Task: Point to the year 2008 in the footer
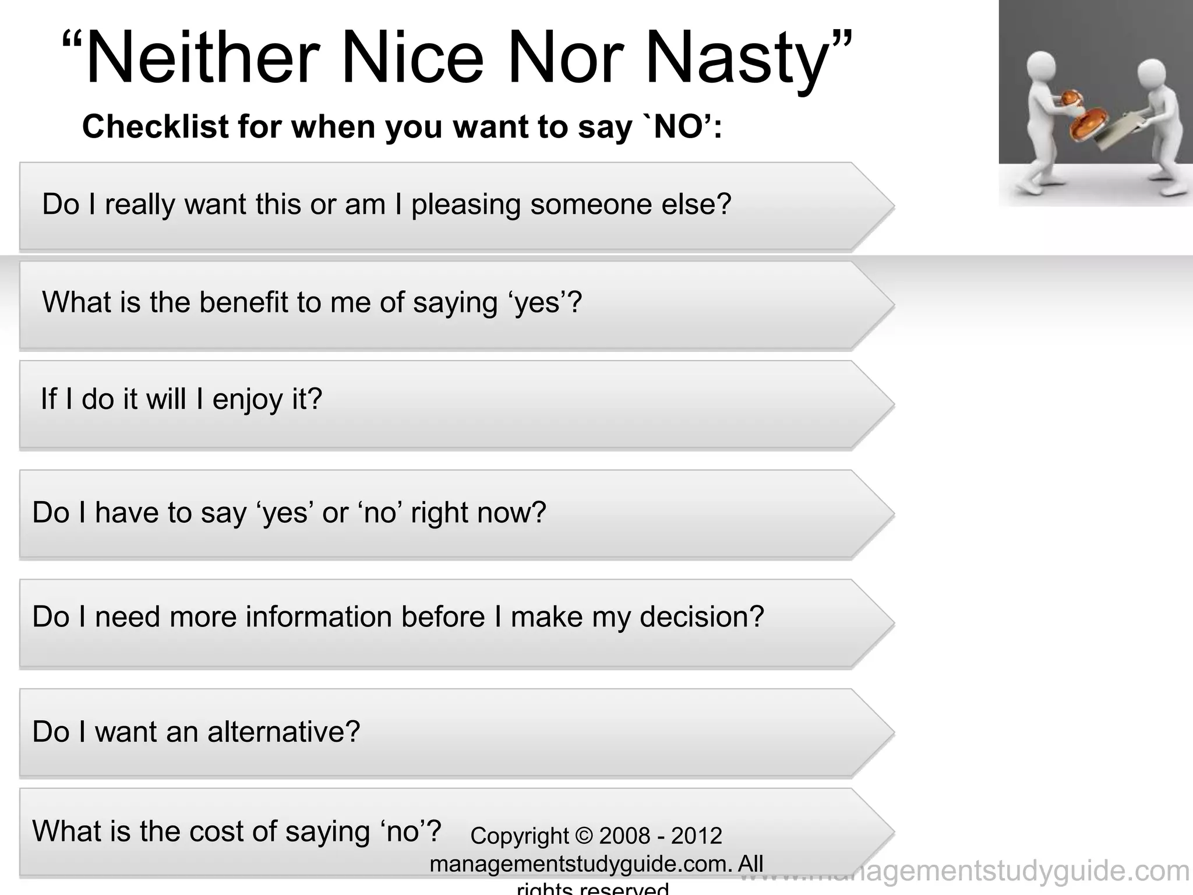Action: (x=624, y=836)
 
